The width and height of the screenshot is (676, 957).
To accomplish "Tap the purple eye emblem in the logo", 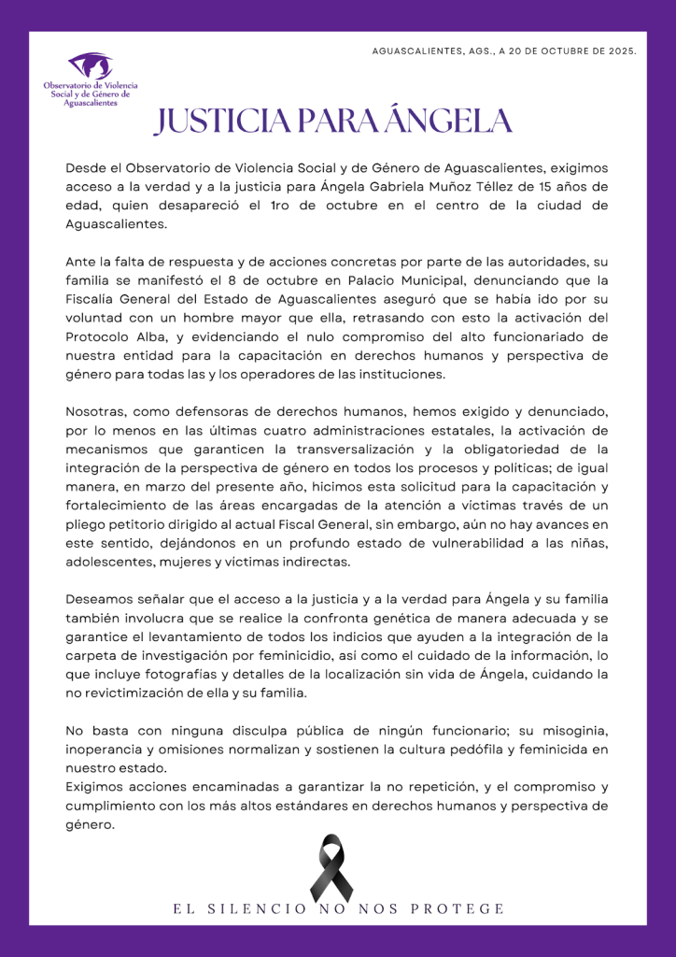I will (x=91, y=66).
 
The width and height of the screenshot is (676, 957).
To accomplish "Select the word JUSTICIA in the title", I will (x=222, y=121).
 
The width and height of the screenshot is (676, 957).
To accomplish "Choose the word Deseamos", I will (x=102, y=599).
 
